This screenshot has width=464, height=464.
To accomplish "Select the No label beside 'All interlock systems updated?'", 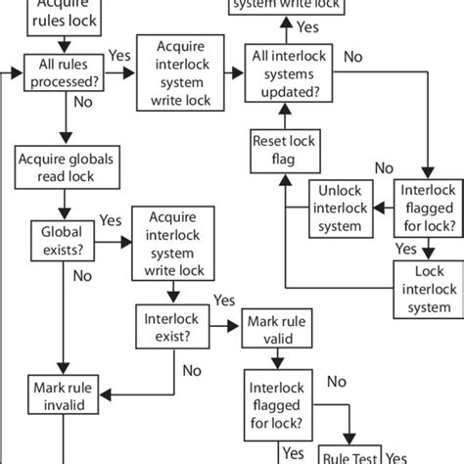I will click(351, 57).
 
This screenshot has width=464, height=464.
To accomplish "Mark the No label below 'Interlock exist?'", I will click(192, 370).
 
